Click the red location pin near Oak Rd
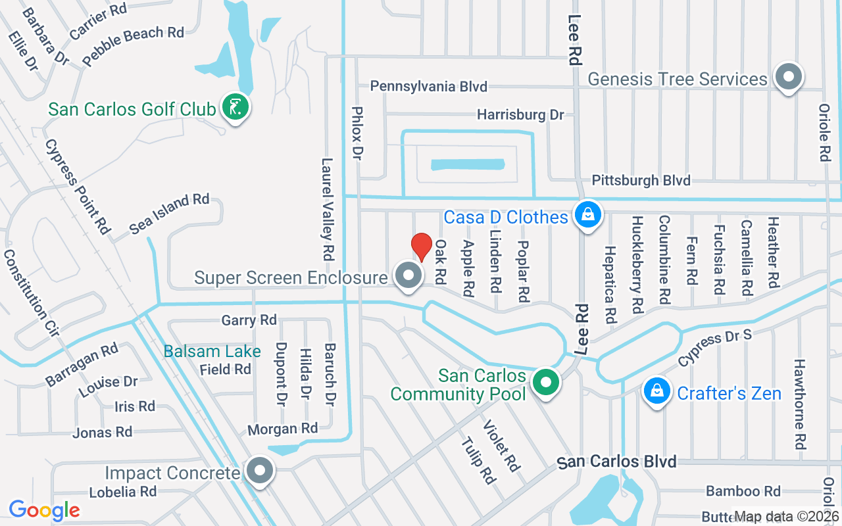[x=422, y=247]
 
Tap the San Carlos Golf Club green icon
[x=235, y=107]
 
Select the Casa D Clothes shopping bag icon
[x=587, y=215]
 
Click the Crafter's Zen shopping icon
[x=656, y=392]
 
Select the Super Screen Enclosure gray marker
[x=409, y=276]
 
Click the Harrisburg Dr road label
[x=520, y=115]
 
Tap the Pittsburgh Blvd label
[x=641, y=180]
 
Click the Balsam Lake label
[x=212, y=352]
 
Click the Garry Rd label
[x=249, y=320]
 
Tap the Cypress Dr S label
[x=714, y=348]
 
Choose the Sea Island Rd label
[x=169, y=214]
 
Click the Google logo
[x=44, y=510]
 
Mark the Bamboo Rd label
[x=743, y=491]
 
